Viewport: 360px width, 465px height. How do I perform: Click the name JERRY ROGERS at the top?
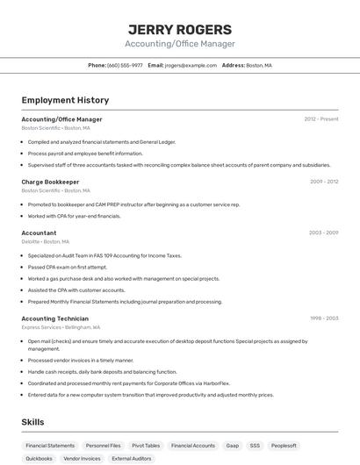(179, 29)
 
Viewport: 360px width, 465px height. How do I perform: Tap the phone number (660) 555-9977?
(125, 65)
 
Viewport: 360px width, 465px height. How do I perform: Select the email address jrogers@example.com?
(191, 65)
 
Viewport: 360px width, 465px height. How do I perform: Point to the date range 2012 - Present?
(321, 118)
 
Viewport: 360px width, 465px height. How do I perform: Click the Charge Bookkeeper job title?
(50, 182)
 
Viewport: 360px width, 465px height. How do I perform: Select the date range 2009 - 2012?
(324, 182)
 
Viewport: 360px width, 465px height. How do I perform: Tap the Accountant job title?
(39, 232)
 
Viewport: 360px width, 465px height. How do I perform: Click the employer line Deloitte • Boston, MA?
(46, 241)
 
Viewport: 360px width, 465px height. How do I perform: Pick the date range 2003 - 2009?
(324, 232)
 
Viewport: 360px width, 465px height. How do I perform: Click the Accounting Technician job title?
(54, 318)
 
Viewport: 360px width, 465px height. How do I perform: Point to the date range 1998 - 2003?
(324, 318)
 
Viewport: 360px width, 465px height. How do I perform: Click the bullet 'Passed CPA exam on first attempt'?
(68, 267)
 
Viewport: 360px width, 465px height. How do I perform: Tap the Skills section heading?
(32, 422)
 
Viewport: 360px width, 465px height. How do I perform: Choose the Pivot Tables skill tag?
(146, 446)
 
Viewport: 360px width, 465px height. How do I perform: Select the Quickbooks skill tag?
(39, 458)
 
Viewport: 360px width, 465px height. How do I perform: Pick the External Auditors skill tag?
(132, 458)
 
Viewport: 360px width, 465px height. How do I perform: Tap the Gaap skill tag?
(232, 446)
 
